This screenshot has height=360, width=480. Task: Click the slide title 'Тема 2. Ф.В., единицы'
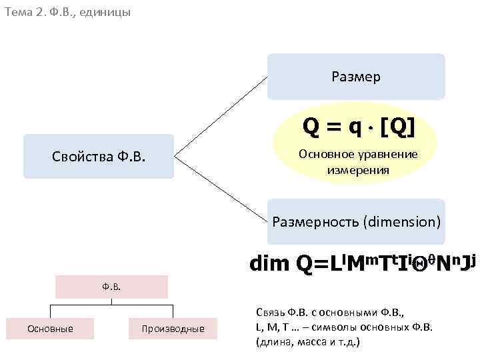(x=66, y=12)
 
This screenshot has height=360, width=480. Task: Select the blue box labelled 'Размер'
(x=355, y=77)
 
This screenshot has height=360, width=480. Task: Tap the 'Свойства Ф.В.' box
(x=99, y=157)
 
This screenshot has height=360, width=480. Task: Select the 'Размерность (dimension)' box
(x=356, y=221)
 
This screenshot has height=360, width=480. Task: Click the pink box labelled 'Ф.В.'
(x=111, y=287)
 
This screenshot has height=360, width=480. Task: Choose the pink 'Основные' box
(x=50, y=328)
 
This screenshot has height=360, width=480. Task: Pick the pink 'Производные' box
(x=173, y=329)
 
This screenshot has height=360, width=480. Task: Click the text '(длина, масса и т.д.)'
(x=307, y=341)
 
